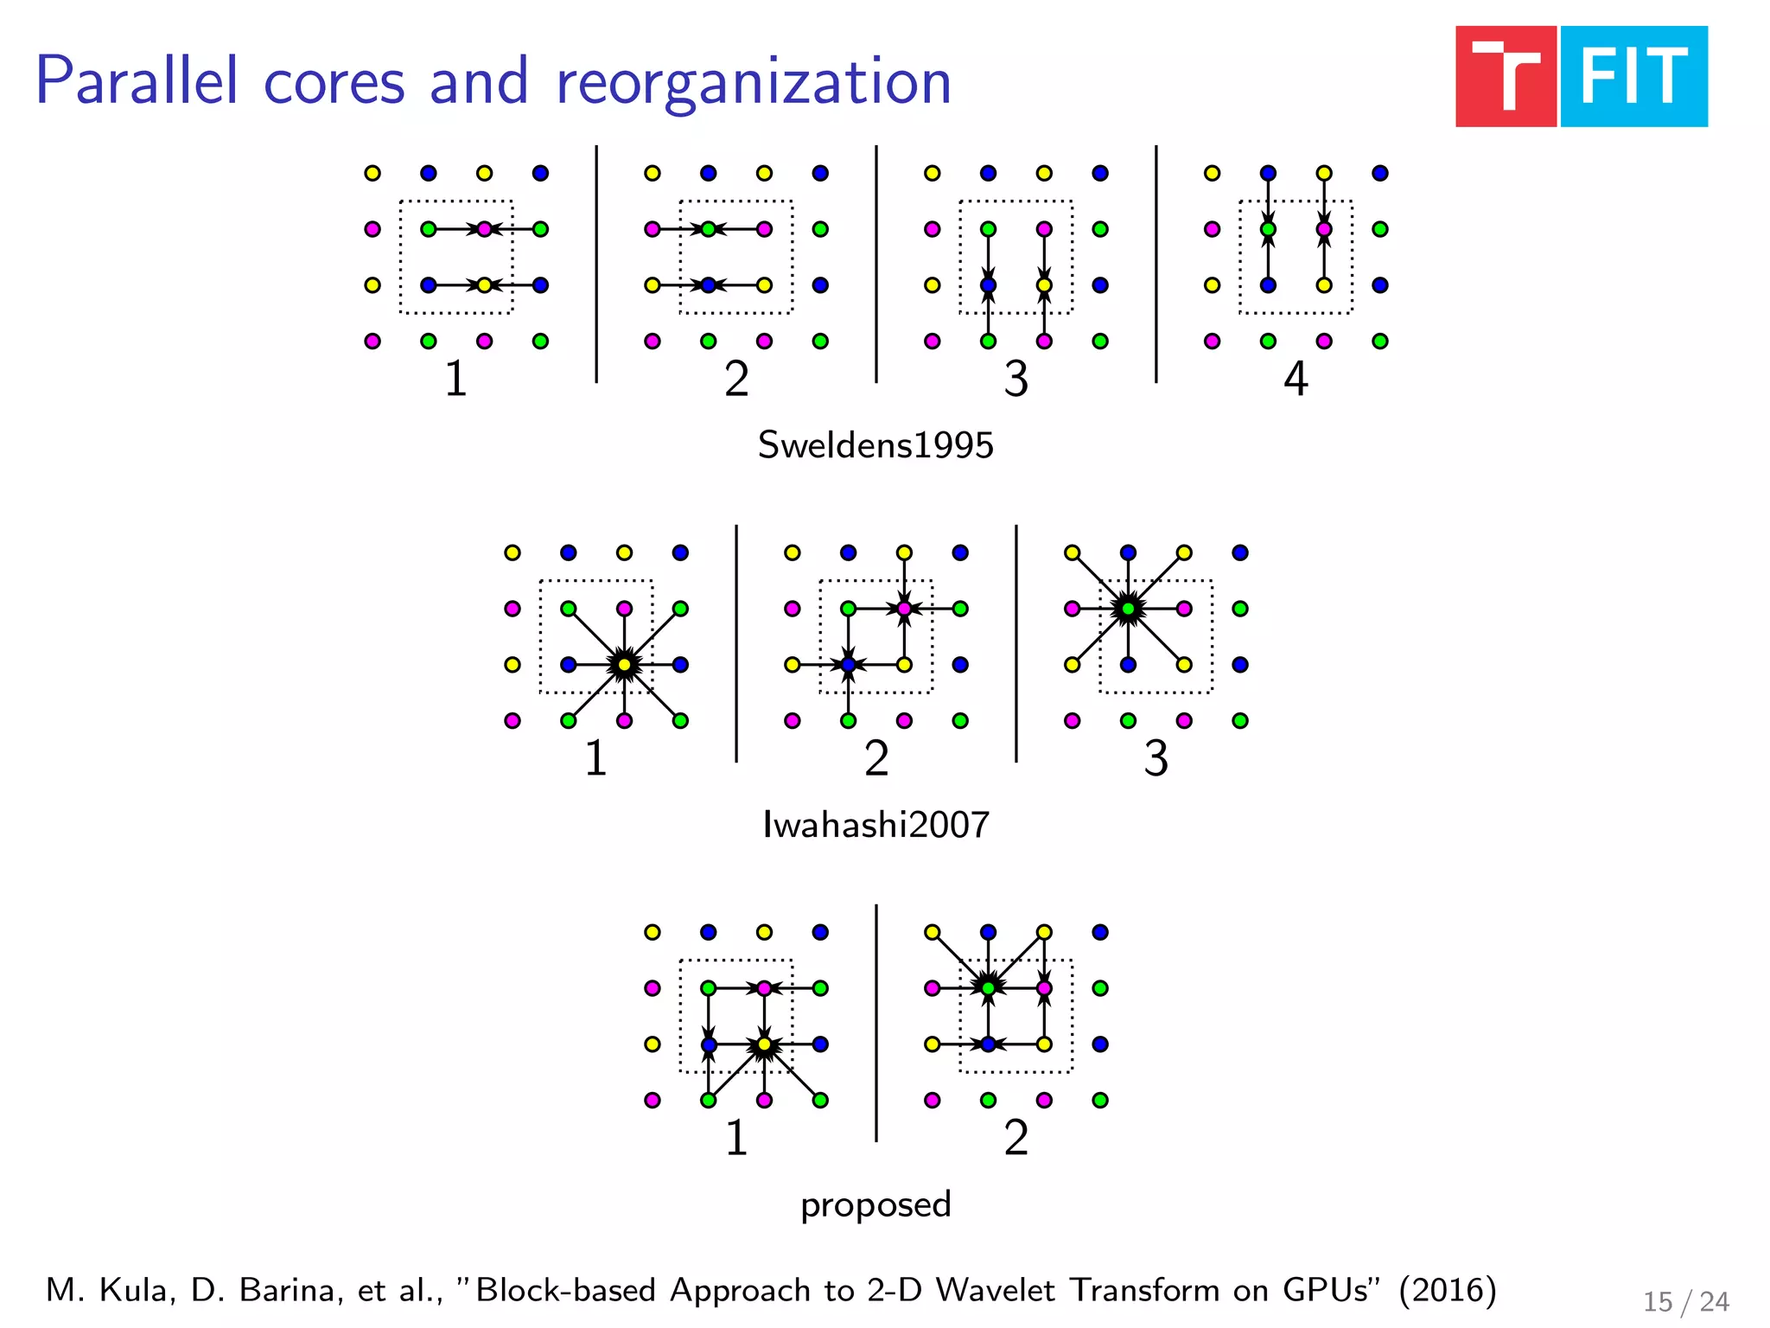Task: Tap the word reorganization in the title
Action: tap(753, 82)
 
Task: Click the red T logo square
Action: tap(1505, 77)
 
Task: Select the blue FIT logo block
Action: tap(1633, 77)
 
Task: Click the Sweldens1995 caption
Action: tap(875, 445)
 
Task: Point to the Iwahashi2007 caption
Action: tap(875, 825)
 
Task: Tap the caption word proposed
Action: tap(875, 1205)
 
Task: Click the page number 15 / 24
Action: tap(1685, 1301)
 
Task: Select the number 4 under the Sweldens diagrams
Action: tap(1296, 379)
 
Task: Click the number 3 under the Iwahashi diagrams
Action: tap(1156, 758)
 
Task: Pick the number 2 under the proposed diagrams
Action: tap(1016, 1138)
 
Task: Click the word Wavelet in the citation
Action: tap(997, 1290)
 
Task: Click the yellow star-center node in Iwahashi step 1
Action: tap(624, 665)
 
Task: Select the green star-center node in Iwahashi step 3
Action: tap(1128, 609)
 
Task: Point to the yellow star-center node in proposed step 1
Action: tap(764, 1044)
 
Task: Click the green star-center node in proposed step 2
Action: tap(988, 988)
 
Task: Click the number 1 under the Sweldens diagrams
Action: tap(455, 379)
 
